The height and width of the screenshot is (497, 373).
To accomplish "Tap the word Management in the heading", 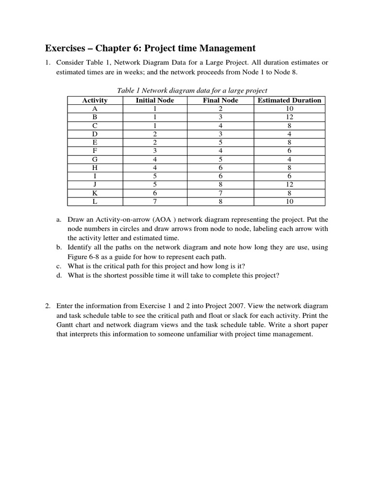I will pos(228,48).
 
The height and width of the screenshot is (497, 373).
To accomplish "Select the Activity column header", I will pos(95,100).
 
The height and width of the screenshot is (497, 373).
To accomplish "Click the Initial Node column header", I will pos(154,100).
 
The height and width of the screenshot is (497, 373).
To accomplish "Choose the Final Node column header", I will pos(220,100).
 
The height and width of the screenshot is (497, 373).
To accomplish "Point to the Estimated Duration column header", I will pos(289,100).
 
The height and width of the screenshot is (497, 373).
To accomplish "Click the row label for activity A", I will pos(95,109).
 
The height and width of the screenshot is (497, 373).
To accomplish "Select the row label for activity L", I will pos(95,201).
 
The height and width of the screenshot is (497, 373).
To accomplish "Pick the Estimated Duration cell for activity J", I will pos(289,184).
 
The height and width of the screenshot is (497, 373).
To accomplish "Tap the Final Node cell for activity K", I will pos(220,193).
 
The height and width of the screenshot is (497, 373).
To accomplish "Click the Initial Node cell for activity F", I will pos(154,151).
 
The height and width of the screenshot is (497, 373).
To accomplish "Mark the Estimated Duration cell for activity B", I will pos(289,117).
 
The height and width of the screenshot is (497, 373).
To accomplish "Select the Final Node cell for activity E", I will pos(220,143).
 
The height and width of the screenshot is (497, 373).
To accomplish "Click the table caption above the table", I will pos(192,90).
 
